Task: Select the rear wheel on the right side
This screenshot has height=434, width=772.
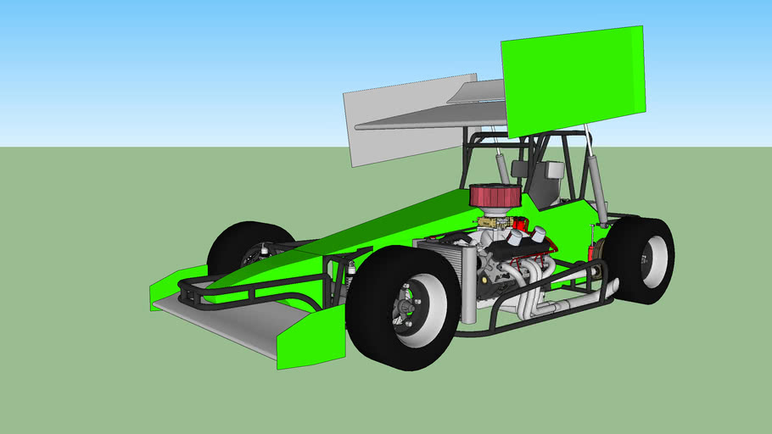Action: pos(640,259)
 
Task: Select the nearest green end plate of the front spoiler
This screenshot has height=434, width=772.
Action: pos(312,337)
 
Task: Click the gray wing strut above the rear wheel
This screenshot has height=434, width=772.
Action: pos(596,182)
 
